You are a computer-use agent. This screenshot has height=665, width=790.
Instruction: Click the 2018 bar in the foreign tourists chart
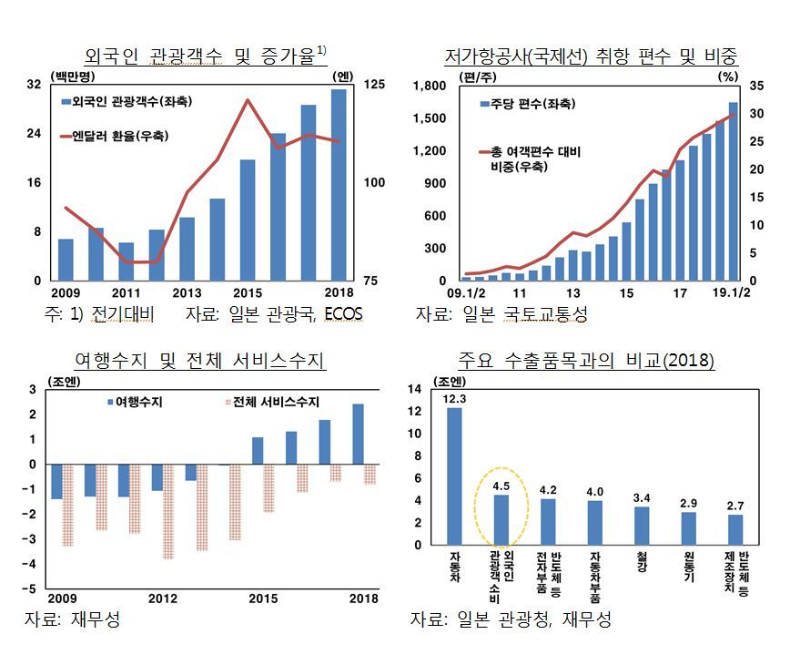click(x=339, y=185)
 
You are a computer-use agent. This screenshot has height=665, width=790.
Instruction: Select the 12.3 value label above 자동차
click(x=454, y=399)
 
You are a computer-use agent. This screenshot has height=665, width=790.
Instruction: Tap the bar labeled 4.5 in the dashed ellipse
click(x=501, y=520)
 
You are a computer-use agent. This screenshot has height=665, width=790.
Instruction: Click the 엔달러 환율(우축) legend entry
click(x=115, y=136)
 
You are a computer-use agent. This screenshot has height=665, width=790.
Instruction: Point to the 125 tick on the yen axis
click(x=374, y=84)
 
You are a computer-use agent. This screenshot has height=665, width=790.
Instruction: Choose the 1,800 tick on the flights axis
click(x=430, y=86)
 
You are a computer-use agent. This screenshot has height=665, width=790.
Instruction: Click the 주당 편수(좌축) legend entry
click(x=527, y=104)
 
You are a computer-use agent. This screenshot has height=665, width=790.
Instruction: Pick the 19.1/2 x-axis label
click(x=731, y=293)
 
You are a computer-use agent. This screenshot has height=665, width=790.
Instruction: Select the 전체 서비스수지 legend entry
click(x=272, y=402)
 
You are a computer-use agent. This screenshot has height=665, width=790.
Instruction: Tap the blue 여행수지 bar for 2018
click(x=358, y=435)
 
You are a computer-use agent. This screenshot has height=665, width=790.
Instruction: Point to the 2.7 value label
click(x=735, y=506)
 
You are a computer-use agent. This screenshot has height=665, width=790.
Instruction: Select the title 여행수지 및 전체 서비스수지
click(x=199, y=360)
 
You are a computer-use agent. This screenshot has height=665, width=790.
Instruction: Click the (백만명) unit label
click(x=73, y=77)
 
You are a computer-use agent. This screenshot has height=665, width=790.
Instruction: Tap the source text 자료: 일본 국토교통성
click(x=501, y=314)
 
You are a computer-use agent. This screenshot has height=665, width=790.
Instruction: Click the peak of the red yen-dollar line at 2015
click(x=248, y=100)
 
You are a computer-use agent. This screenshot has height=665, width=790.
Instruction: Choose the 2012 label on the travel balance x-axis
click(x=163, y=598)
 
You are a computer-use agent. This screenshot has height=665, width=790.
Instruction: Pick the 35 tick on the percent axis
click(x=756, y=86)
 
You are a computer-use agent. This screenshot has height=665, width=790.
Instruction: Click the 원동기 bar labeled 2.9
click(x=688, y=529)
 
